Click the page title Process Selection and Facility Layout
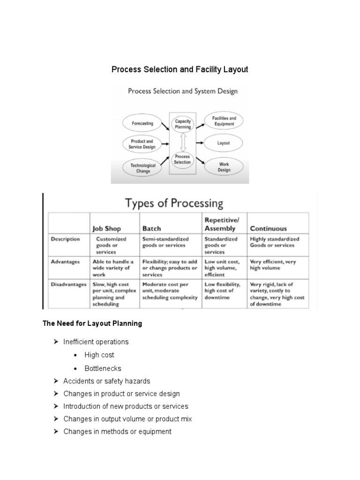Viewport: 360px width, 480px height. (180, 69)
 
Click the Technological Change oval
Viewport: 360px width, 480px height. (143, 168)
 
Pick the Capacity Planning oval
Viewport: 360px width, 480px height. (183, 124)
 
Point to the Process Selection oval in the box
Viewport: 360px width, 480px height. (183, 159)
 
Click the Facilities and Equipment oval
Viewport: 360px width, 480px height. (224, 121)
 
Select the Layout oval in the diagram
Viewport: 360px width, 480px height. (224, 143)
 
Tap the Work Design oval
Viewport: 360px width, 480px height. (224, 167)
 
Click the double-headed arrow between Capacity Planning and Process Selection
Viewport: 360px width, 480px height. (183, 142)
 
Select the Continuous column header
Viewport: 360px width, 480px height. (268, 229)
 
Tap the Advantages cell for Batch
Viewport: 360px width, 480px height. (170, 268)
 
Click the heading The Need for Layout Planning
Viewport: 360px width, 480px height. (92, 323)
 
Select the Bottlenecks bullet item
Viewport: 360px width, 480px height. (103, 368)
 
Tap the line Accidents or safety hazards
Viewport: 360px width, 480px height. (107, 381)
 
